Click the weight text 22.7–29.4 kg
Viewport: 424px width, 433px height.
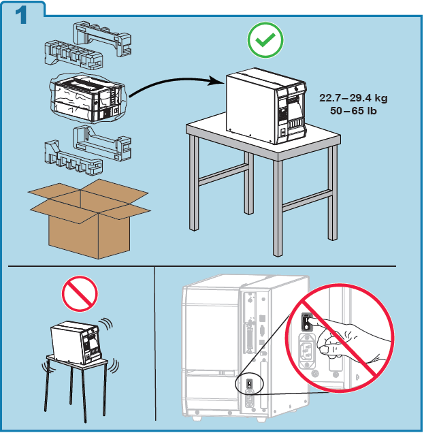click(353, 98)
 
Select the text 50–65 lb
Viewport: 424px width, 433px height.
click(353, 110)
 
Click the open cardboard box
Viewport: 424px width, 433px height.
click(88, 218)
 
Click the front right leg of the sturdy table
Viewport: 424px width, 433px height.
click(278, 208)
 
